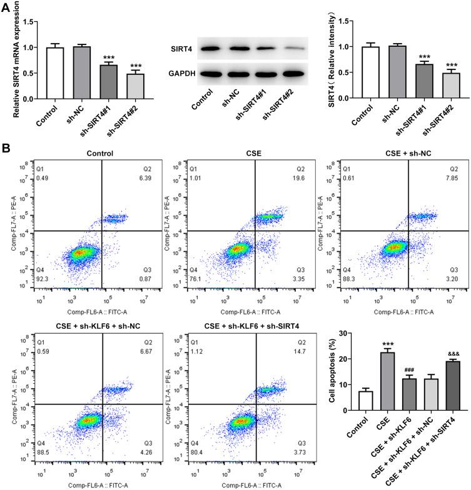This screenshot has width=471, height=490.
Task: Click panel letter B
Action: pyautogui.click(x=6, y=151)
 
